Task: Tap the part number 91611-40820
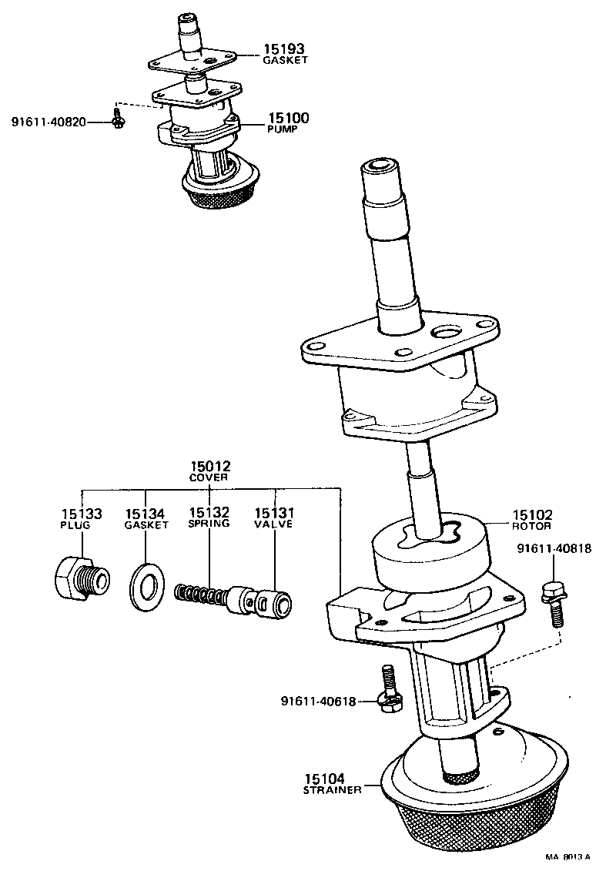(48, 122)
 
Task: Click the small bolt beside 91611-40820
(118, 119)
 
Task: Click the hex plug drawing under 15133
(79, 577)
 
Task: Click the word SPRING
(209, 524)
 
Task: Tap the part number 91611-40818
(554, 549)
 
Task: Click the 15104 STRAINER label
(331, 783)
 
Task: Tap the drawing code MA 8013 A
(568, 856)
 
